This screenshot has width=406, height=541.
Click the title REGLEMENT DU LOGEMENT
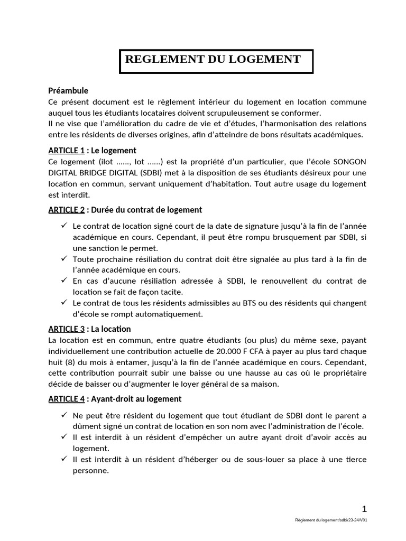(x=213, y=60)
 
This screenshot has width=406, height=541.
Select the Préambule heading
(x=68, y=90)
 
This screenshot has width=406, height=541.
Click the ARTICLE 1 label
(x=67, y=151)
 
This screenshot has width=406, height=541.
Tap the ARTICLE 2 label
(x=67, y=210)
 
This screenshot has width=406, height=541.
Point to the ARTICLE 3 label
(x=67, y=329)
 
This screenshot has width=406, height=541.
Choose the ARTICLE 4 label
(x=67, y=399)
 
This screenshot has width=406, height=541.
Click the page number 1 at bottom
(x=364, y=509)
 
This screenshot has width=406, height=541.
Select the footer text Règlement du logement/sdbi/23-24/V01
(x=331, y=520)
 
